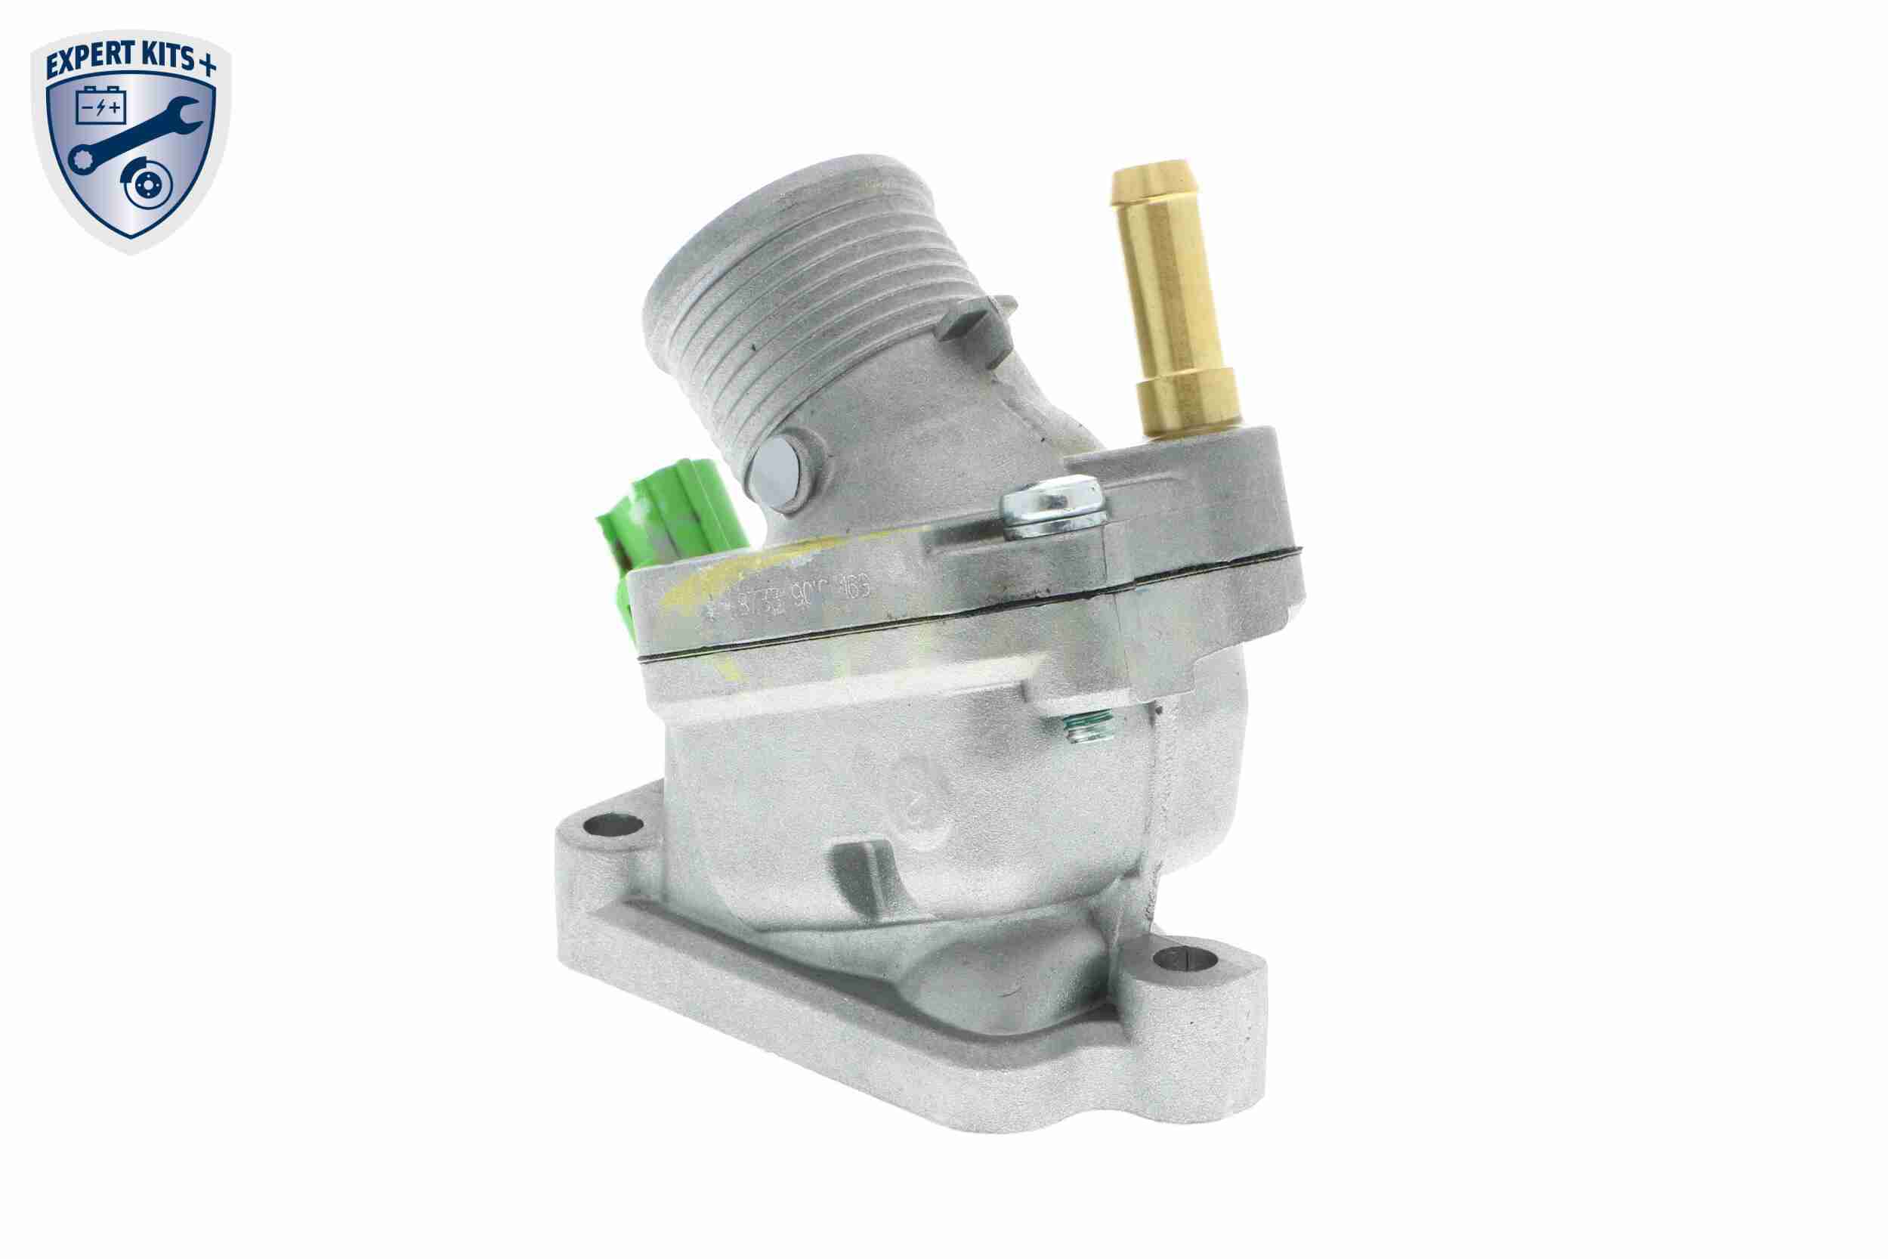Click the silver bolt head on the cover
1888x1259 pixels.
1052,514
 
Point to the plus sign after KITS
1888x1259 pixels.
208,66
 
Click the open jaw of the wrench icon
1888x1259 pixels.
186,113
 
